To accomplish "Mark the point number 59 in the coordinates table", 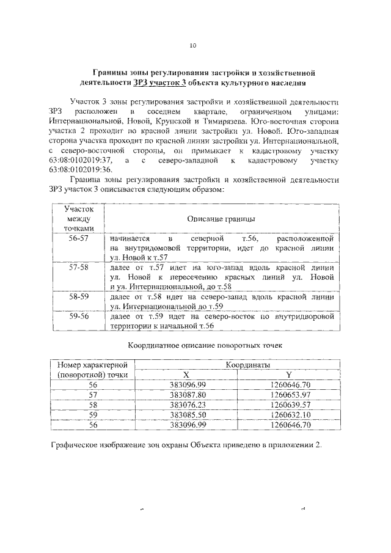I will tap(93, 414).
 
